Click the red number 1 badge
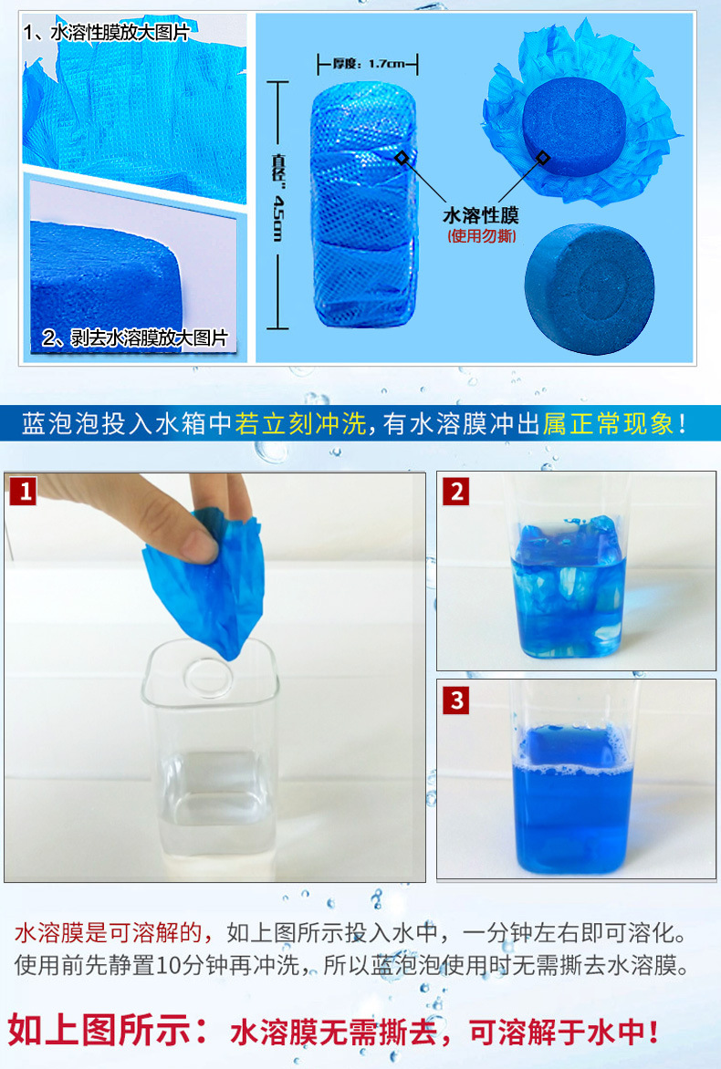[x=23, y=493]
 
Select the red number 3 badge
[x=455, y=701]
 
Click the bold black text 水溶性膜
[x=480, y=215]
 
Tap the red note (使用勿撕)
[x=480, y=236]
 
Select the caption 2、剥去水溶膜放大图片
[x=134, y=338]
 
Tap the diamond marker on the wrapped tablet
[x=401, y=159]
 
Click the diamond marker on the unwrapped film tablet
[x=543, y=158]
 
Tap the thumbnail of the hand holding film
[x=214, y=676]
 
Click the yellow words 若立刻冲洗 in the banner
[x=299, y=424]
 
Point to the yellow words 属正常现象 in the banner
[x=607, y=424]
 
